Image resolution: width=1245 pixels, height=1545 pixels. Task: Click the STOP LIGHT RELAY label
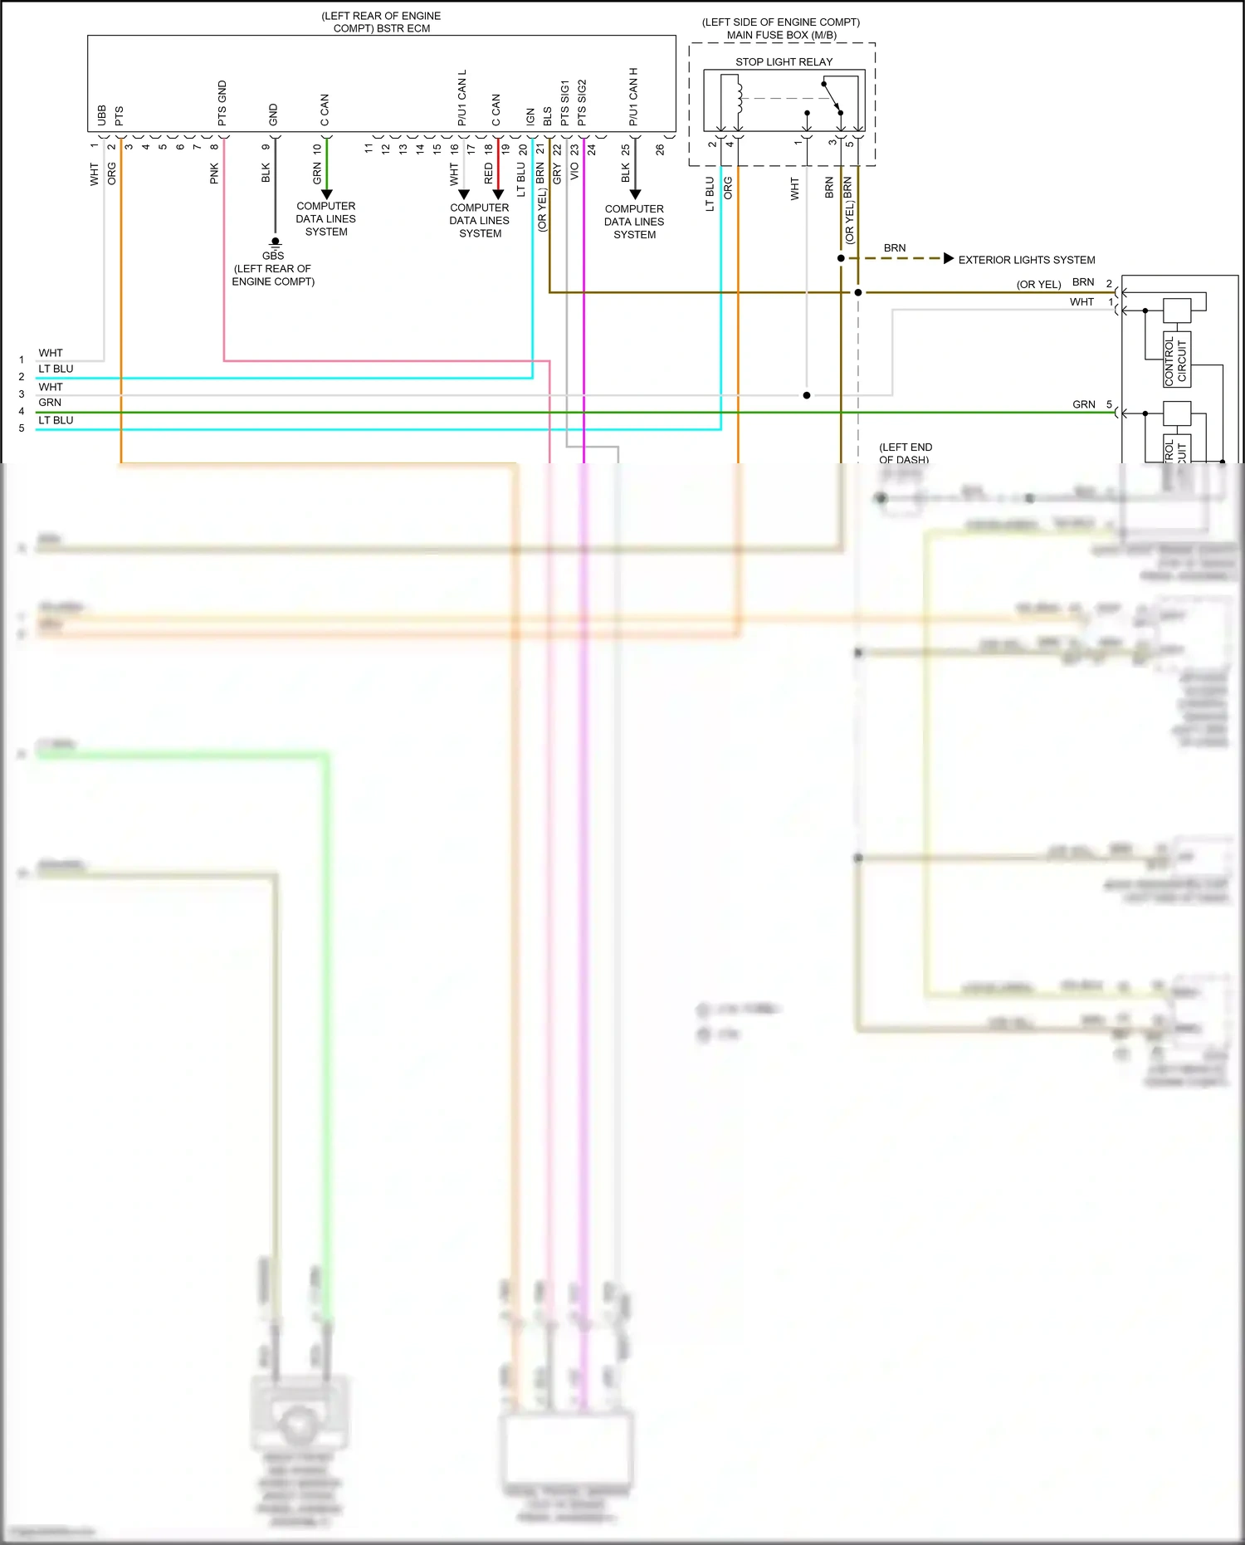coord(784,62)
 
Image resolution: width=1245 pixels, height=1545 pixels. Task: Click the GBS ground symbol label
coord(273,256)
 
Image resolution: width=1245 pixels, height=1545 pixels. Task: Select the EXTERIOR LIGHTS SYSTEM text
coord(1027,260)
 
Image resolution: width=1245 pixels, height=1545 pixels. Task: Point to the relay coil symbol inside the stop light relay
coord(738,96)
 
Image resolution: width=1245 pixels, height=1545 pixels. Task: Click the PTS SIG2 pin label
coord(582,103)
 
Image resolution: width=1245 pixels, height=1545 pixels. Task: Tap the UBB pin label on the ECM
coord(102,115)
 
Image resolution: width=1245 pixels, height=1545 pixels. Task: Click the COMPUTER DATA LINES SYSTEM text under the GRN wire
coord(326,219)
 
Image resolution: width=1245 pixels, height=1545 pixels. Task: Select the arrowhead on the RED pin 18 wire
coord(498,195)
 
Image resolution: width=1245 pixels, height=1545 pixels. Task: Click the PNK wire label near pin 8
coord(214,173)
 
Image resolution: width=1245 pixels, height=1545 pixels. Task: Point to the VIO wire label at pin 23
coord(574,172)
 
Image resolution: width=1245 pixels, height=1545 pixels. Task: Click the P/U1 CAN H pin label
coord(633,96)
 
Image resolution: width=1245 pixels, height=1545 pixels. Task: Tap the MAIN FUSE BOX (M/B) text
coord(781,35)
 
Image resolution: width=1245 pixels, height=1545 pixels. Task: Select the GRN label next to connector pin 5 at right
coord(1084,404)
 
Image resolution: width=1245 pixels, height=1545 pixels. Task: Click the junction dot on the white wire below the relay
coord(807,395)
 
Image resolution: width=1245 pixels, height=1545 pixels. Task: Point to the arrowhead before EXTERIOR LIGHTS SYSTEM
coord(949,258)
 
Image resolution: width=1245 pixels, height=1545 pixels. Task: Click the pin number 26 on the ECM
coord(660,150)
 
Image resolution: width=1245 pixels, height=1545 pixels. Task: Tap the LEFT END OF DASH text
coord(905,453)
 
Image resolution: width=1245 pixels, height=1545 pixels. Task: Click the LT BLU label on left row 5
coord(56,420)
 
